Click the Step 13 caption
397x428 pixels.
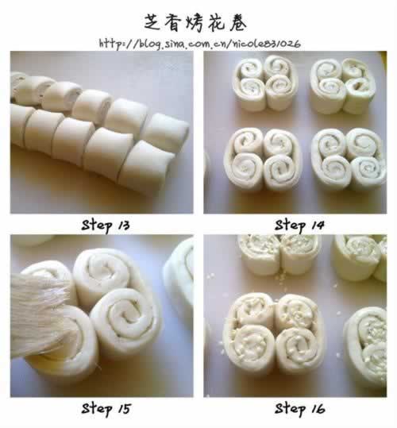(x=106, y=226)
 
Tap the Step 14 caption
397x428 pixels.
(x=299, y=226)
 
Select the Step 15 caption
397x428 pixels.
(x=106, y=409)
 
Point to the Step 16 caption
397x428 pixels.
(x=299, y=409)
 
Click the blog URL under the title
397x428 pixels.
(x=200, y=44)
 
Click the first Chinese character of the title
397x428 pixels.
(x=152, y=22)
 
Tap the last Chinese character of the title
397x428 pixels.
(x=238, y=23)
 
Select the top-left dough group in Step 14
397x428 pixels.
(x=264, y=83)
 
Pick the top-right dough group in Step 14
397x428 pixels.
(x=343, y=86)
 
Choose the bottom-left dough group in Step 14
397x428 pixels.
(x=263, y=160)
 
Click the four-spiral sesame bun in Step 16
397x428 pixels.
(x=273, y=334)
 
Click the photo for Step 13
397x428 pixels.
(x=102, y=132)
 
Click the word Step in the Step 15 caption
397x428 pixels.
(x=97, y=410)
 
